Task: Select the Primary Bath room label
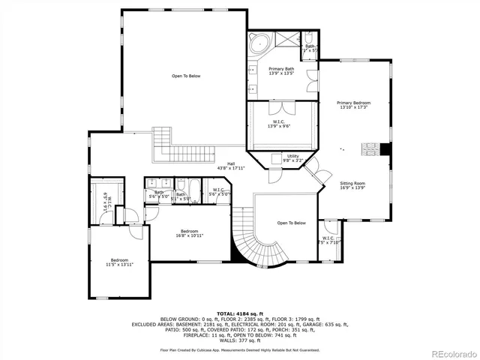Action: click(x=281, y=71)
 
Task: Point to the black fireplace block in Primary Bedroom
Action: click(x=385, y=148)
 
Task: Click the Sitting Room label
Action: click(x=353, y=185)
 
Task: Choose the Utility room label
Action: click(x=292, y=158)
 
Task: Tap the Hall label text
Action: click(x=232, y=166)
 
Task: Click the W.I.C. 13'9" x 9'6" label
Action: click(x=278, y=123)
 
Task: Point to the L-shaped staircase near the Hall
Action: click(x=163, y=142)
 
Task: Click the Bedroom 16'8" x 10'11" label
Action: click(x=189, y=233)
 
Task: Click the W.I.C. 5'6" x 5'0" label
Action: click(x=220, y=192)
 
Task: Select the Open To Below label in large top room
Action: click(x=186, y=76)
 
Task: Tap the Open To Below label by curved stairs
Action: click(x=292, y=223)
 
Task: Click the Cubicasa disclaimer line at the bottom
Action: click(x=239, y=349)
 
